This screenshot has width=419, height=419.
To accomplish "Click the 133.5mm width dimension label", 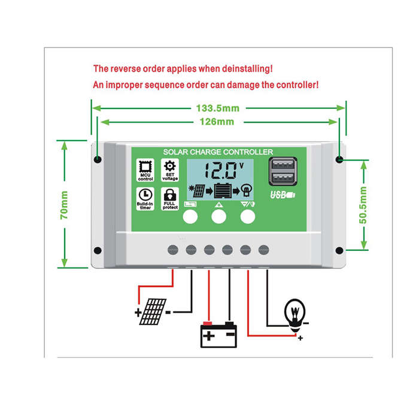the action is (217, 108).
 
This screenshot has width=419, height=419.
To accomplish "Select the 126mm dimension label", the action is (217, 122).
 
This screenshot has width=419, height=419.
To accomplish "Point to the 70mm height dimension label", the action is (64, 205).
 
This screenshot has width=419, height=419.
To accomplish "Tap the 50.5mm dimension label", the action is (363, 205).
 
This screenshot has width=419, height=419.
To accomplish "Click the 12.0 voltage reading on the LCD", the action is (221, 171).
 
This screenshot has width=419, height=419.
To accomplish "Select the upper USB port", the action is (283, 164).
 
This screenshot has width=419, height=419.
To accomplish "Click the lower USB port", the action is (283, 177).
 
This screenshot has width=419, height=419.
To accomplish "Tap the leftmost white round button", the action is (190, 217).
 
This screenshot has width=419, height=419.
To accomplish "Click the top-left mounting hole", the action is (98, 160).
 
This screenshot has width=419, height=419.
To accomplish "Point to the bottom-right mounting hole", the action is (339, 250).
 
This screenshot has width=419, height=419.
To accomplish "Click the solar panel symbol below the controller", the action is (153, 312).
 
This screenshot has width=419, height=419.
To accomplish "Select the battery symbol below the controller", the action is (218, 335).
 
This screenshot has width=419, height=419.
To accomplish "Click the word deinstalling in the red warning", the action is (247, 69).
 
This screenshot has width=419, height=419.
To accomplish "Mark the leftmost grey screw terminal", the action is (173, 250).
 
